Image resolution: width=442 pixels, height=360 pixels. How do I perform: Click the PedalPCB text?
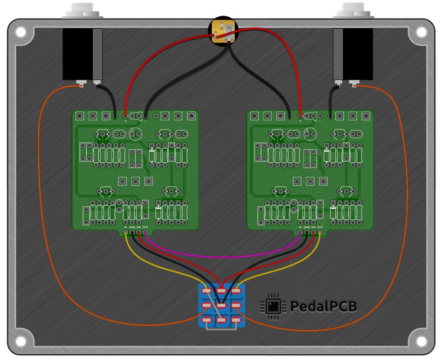coord(324,306)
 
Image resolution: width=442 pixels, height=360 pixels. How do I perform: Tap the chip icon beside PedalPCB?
coord(273,306)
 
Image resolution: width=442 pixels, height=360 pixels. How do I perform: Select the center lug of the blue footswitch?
coord(222,306)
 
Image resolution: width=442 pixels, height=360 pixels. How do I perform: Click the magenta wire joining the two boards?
coord(222,256)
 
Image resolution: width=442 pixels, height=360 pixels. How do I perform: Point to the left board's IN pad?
coord(126,232)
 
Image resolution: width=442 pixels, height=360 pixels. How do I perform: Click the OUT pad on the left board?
coord(145,232)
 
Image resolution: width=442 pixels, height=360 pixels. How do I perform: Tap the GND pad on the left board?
coord(132,232)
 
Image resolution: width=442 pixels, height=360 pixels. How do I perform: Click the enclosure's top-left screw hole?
coord(21,32)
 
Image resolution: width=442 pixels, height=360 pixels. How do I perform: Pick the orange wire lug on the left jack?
coord(81,85)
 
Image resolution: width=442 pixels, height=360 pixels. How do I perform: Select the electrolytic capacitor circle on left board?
coord(136,135)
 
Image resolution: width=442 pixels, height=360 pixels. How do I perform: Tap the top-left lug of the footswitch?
coord(207,291)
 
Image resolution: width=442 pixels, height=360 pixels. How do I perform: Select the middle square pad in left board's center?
coord(136,181)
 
